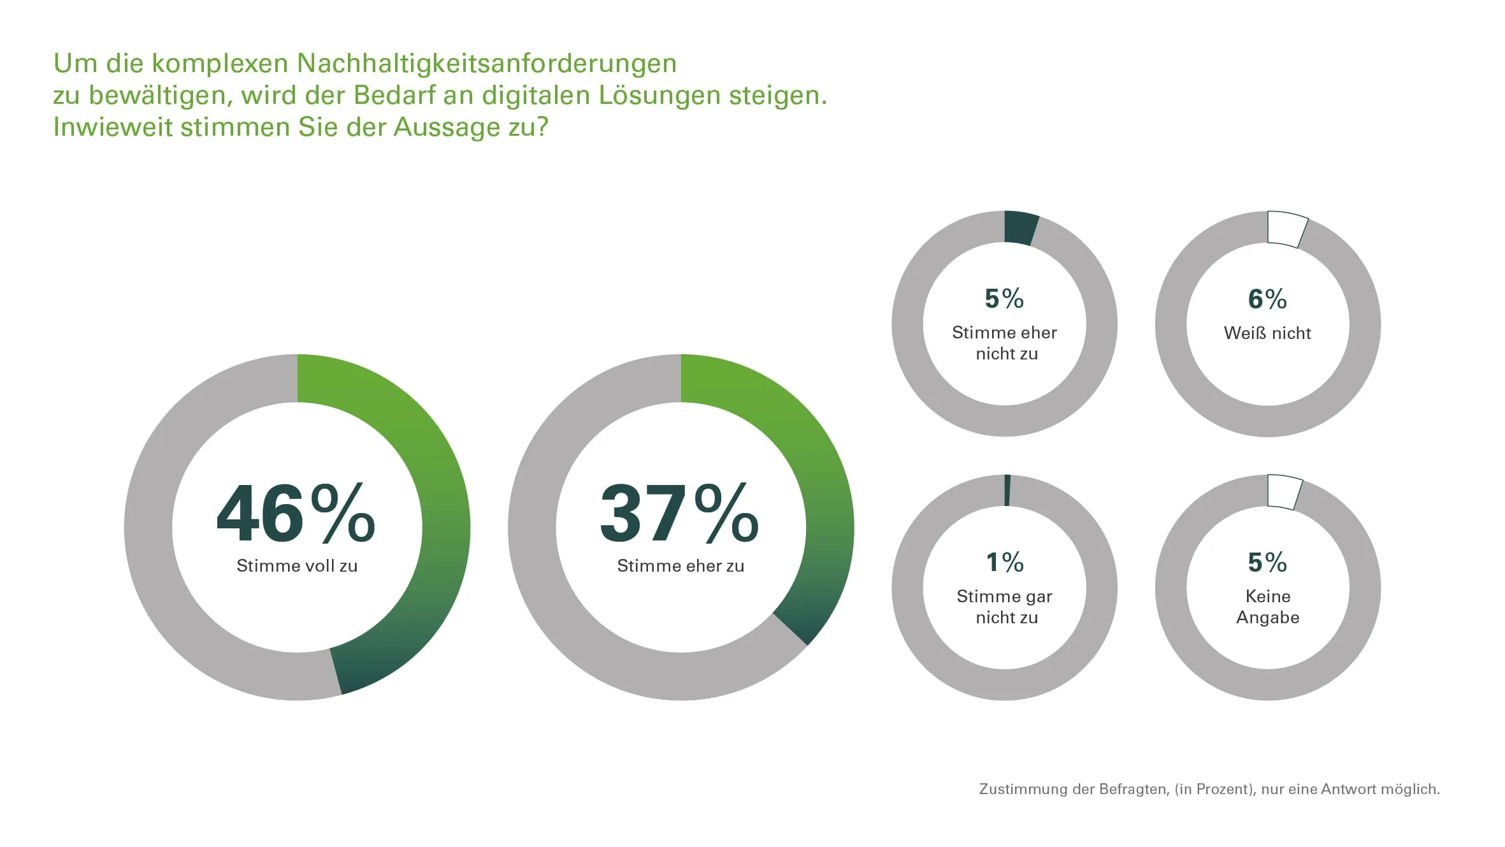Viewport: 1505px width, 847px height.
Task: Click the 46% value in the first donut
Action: (x=296, y=513)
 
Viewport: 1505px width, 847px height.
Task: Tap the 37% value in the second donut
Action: (x=679, y=513)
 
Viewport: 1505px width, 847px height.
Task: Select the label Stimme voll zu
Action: (x=297, y=566)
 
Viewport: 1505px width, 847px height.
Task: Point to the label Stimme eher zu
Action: (x=680, y=566)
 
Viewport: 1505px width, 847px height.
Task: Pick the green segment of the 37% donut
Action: (x=822, y=484)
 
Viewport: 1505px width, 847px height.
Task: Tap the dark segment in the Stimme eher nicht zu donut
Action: (x=1020, y=228)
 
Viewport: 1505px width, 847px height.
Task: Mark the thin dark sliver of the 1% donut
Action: (x=1007, y=490)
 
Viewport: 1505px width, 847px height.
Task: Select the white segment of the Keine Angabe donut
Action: (x=1283, y=492)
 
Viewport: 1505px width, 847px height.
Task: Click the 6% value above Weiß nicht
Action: (x=1267, y=299)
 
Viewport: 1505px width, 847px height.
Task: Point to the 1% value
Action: (x=1005, y=562)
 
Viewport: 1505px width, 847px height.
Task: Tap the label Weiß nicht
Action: (x=1267, y=333)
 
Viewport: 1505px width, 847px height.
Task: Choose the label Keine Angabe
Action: (x=1268, y=607)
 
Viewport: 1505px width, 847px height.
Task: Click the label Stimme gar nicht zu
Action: (x=1005, y=607)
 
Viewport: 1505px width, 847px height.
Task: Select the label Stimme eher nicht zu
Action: (x=1005, y=343)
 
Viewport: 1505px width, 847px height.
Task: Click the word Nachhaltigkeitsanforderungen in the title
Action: (x=487, y=64)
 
